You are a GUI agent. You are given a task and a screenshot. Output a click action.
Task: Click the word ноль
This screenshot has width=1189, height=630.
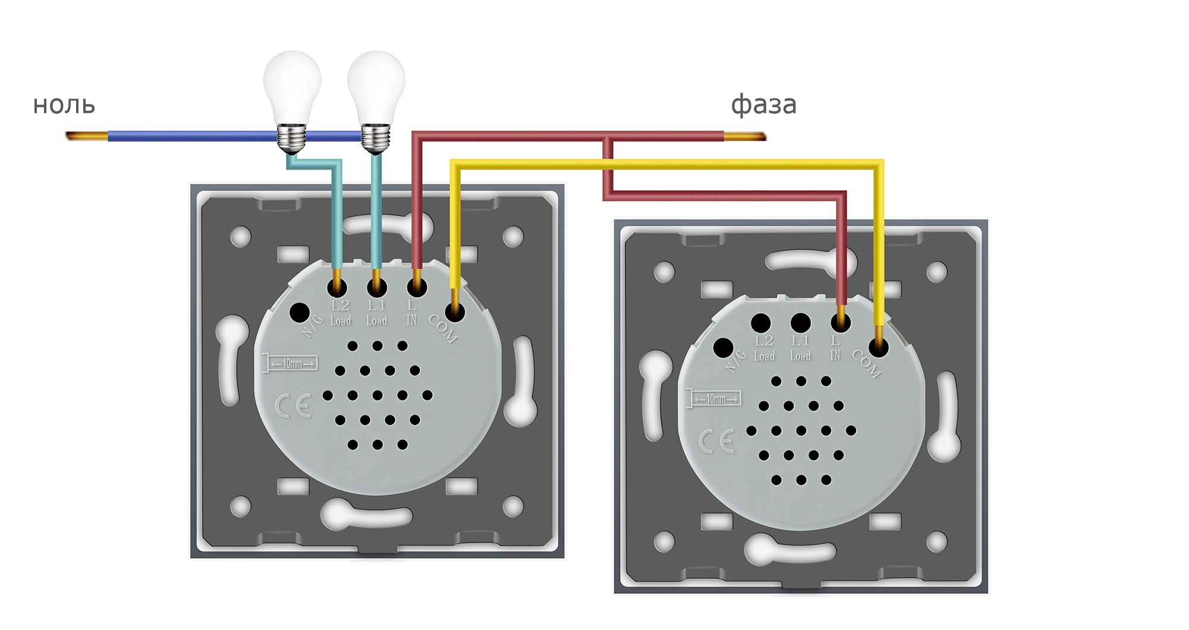[x=64, y=105]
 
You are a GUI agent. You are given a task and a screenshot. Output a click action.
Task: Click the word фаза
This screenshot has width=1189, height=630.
[x=763, y=105]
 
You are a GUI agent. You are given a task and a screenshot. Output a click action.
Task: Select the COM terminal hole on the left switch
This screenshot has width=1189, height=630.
[x=455, y=311]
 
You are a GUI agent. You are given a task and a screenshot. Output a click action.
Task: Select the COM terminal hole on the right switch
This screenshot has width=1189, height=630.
[x=879, y=347]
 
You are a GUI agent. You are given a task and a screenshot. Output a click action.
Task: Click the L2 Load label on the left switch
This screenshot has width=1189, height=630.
[x=340, y=313]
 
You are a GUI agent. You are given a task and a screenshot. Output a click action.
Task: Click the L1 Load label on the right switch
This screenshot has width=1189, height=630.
[x=800, y=348]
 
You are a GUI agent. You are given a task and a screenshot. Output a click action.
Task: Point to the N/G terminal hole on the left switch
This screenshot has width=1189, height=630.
[x=299, y=311]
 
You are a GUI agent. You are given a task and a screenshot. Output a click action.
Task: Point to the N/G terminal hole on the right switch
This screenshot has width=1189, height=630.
[x=723, y=347]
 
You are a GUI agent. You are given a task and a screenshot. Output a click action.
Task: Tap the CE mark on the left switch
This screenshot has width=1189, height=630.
[x=292, y=407]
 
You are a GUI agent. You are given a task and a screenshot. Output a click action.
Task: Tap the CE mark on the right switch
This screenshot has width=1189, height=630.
[x=716, y=442]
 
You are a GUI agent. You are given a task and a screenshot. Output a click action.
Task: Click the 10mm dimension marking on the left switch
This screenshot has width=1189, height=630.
[x=291, y=363]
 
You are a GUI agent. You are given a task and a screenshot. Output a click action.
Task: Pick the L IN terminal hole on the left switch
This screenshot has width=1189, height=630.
[x=417, y=288]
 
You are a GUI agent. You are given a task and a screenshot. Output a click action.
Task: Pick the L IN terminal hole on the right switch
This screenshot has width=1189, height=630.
[x=841, y=323]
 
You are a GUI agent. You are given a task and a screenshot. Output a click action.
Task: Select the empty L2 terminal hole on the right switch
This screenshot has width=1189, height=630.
[x=761, y=323]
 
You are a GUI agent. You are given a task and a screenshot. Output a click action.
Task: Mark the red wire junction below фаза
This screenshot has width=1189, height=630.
[x=608, y=138]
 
